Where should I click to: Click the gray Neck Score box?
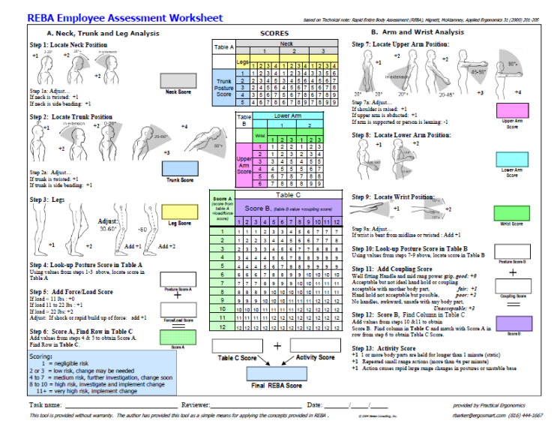click(x=178, y=79)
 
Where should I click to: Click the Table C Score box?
click(x=238, y=346)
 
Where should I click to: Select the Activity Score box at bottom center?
click(x=316, y=346)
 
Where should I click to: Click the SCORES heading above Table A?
click(x=274, y=33)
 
